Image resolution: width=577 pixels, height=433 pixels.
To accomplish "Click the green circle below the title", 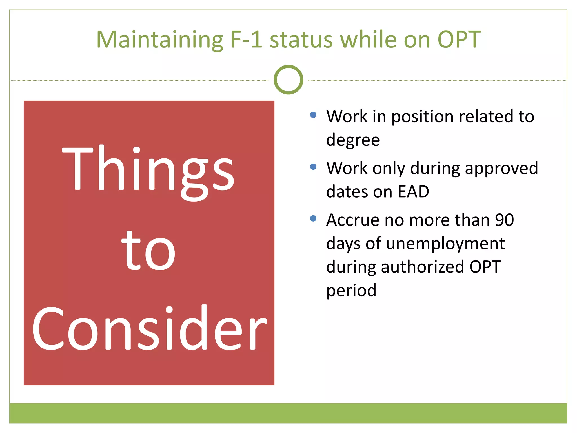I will point(288,80).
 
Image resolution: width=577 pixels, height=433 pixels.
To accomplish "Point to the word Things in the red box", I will point(148,169).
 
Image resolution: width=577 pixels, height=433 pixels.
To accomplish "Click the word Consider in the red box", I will point(149,328).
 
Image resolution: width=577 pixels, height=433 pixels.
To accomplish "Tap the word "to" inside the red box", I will point(148,251).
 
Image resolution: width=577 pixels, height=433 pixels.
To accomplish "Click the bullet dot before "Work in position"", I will point(313,115).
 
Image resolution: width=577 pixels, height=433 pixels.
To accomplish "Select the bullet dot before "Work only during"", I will point(313,167).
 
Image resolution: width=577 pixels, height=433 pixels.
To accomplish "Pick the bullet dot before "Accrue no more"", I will point(313,218).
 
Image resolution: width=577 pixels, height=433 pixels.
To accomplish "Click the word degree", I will point(353,140).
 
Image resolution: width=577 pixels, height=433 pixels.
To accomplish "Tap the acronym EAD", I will point(413,192).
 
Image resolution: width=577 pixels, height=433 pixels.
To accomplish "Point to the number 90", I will point(504,220).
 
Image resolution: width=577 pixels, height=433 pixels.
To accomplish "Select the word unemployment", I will point(445,244).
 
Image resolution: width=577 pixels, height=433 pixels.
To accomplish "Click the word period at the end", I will point(351,290).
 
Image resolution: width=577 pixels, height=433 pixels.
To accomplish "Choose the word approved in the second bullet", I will point(501,169).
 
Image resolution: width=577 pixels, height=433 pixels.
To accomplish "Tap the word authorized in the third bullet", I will point(422,267).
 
